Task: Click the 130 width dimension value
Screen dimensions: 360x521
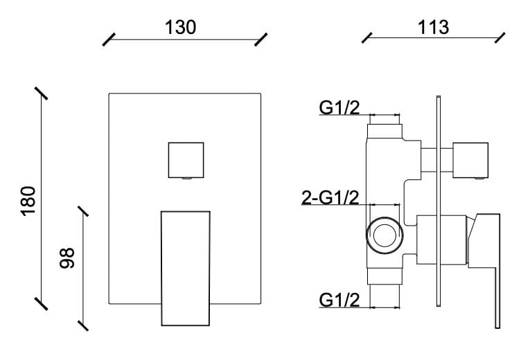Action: pos(180,27)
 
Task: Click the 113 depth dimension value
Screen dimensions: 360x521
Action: pos(434,27)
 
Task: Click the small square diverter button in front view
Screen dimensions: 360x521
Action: pos(186,159)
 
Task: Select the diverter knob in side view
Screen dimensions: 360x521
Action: pos(470,159)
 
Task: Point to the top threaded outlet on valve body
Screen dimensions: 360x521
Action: pos(385,129)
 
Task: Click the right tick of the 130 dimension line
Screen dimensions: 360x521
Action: pos(261,39)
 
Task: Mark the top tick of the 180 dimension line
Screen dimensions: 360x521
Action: pos(42,94)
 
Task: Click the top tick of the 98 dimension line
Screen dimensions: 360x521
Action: pos(84,210)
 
